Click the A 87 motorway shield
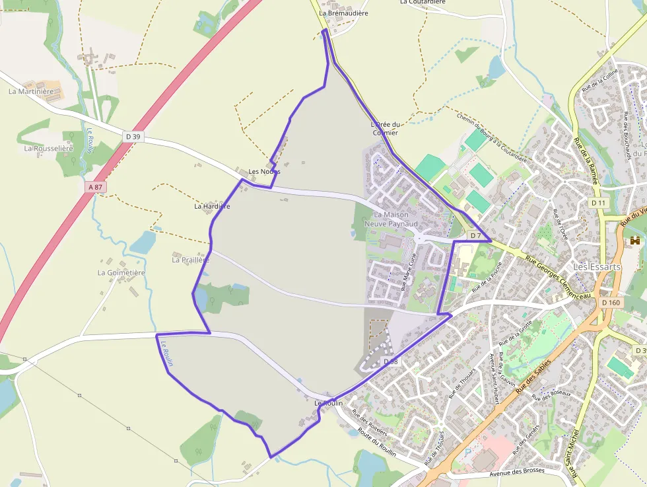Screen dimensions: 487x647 [x=96, y=187]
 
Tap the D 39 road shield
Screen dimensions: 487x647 [x=133, y=137]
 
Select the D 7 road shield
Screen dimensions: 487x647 [x=475, y=235]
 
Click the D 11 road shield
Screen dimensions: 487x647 [x=598, y=202]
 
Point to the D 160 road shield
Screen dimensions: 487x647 [x=611, y=303]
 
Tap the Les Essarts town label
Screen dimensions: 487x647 [x=597, y=267]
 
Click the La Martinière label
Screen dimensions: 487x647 [x=30, y=91]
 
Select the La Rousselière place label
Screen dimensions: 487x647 [x=48, y=149]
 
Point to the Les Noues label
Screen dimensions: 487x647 [x=264, y=172]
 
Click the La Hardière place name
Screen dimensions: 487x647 [x=212, y=206]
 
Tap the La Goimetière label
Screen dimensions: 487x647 [x=121, y=272]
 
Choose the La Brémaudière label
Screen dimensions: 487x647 [x=343, y=13]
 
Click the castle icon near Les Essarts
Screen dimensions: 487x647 [x=636, y=241]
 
